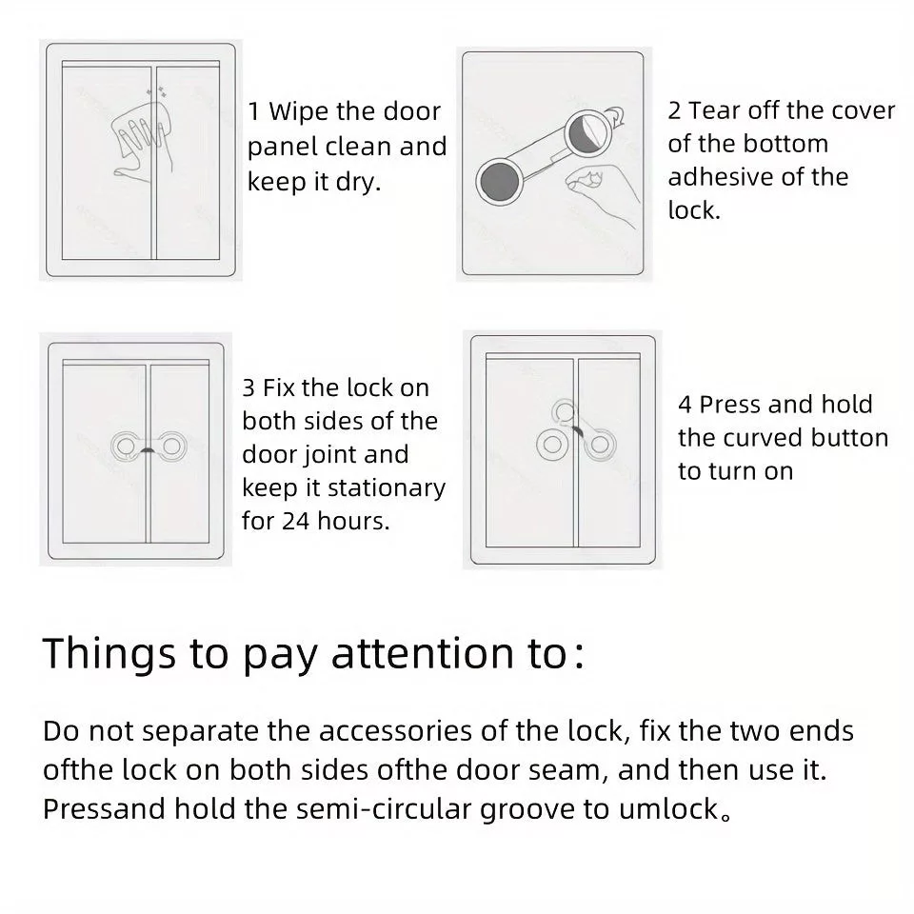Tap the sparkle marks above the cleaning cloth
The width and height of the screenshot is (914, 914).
157,91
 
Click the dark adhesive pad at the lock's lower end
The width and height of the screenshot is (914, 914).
499,181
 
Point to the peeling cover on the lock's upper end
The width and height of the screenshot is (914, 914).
594,129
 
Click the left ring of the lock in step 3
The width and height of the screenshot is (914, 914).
126,447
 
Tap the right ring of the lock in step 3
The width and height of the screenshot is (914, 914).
171,447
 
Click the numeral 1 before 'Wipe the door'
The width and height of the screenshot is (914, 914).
253,111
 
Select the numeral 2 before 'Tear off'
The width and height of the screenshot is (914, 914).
674,110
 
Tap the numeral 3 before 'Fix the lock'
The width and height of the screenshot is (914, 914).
248,388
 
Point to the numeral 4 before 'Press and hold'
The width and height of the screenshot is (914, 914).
685,405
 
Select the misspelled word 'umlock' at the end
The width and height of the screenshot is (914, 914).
668,809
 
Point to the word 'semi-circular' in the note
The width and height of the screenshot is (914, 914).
384,809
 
